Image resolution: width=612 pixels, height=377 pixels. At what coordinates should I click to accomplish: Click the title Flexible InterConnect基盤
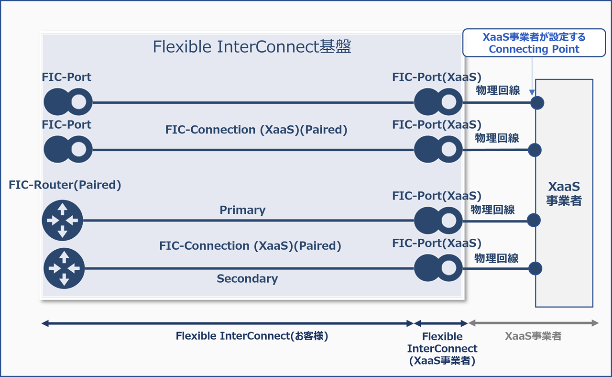[252, 47]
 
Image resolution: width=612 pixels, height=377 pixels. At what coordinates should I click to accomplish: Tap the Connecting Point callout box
[534, 43]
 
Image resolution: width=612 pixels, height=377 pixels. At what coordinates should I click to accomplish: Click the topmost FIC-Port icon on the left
[67, 102]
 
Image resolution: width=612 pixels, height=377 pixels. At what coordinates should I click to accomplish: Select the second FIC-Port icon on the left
[67, 149]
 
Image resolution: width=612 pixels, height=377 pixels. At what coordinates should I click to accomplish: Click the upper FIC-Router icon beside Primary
[63, 220]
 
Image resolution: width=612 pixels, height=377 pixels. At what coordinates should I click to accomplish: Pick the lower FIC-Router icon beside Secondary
[64, 268]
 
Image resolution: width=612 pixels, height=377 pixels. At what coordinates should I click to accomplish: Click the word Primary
[242, 210]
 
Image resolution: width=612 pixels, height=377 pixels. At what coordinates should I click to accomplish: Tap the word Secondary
[247, 278]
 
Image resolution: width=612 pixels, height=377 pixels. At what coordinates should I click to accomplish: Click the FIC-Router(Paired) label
[65, 185]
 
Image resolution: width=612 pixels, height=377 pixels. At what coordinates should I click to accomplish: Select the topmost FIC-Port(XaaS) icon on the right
[438, 102]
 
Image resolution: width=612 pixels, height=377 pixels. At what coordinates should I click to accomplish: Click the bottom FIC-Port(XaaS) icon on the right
[438, 268]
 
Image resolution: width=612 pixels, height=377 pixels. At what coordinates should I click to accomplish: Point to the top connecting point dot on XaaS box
[537, 102]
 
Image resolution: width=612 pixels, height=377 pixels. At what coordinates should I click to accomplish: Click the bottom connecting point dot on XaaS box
[535, 268]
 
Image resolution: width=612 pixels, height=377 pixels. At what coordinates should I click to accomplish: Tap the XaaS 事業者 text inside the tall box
[564, 193]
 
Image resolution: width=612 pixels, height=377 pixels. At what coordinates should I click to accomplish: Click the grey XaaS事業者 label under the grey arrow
[533, 336]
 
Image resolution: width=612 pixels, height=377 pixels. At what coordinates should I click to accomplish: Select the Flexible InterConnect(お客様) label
[252, 336]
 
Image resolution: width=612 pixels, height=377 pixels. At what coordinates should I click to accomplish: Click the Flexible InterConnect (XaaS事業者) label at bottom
[442, 349]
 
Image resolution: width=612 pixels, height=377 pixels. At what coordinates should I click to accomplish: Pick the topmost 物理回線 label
[498, 90]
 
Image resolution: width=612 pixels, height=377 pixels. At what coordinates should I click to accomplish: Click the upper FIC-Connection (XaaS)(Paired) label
[256, 130]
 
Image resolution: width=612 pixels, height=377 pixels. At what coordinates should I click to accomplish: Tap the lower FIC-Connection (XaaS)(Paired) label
[250, 245]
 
